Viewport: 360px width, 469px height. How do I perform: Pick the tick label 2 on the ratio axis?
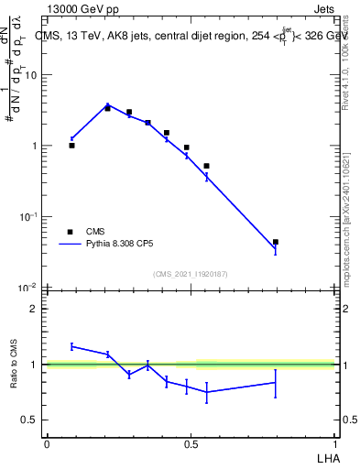(x=34, y=310)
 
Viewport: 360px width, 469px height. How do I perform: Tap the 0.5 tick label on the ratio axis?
(x=29, y=420)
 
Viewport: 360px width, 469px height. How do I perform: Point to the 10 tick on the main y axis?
(x=30, y=75)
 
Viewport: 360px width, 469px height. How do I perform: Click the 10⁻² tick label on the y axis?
(x=28, y=288)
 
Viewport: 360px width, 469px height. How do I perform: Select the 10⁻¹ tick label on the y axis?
(x=28, y=217)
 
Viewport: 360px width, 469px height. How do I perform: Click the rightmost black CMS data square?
(x=275, y=242)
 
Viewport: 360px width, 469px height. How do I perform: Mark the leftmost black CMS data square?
(x=71, y=145)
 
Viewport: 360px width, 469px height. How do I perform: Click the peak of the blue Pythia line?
(x=107, y=104)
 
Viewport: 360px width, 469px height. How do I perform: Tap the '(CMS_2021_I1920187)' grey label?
(x=191, y=274)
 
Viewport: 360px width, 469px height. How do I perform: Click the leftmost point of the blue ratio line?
(x=71, y=346)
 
